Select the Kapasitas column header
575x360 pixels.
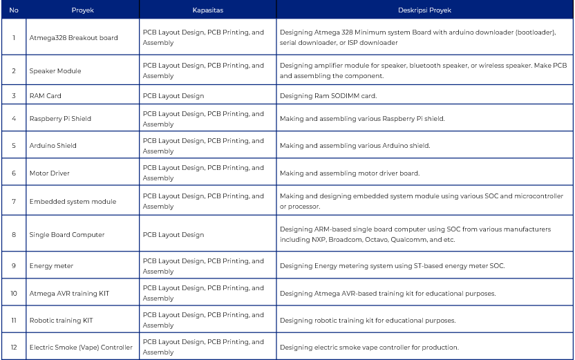point(207,10)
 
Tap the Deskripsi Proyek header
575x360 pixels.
point(424,10)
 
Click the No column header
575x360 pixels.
point(13,10)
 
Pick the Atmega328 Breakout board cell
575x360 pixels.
point(73,38)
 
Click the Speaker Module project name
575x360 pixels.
point(55,71)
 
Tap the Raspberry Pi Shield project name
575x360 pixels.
point(60,119)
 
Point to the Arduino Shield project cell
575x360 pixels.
point(53,146)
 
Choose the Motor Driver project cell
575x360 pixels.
point(50,173)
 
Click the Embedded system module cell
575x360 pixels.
point(73,202)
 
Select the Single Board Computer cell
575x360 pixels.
point(67,235)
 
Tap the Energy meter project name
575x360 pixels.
point(51,266)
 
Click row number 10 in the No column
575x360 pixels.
point(13,293)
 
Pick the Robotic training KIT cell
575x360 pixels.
point(61,321)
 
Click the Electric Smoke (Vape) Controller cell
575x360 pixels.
point(81,348)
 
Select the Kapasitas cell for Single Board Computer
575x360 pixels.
point(173,235)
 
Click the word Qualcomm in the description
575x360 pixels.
point(410,240)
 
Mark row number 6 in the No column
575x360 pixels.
point(13,173)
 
